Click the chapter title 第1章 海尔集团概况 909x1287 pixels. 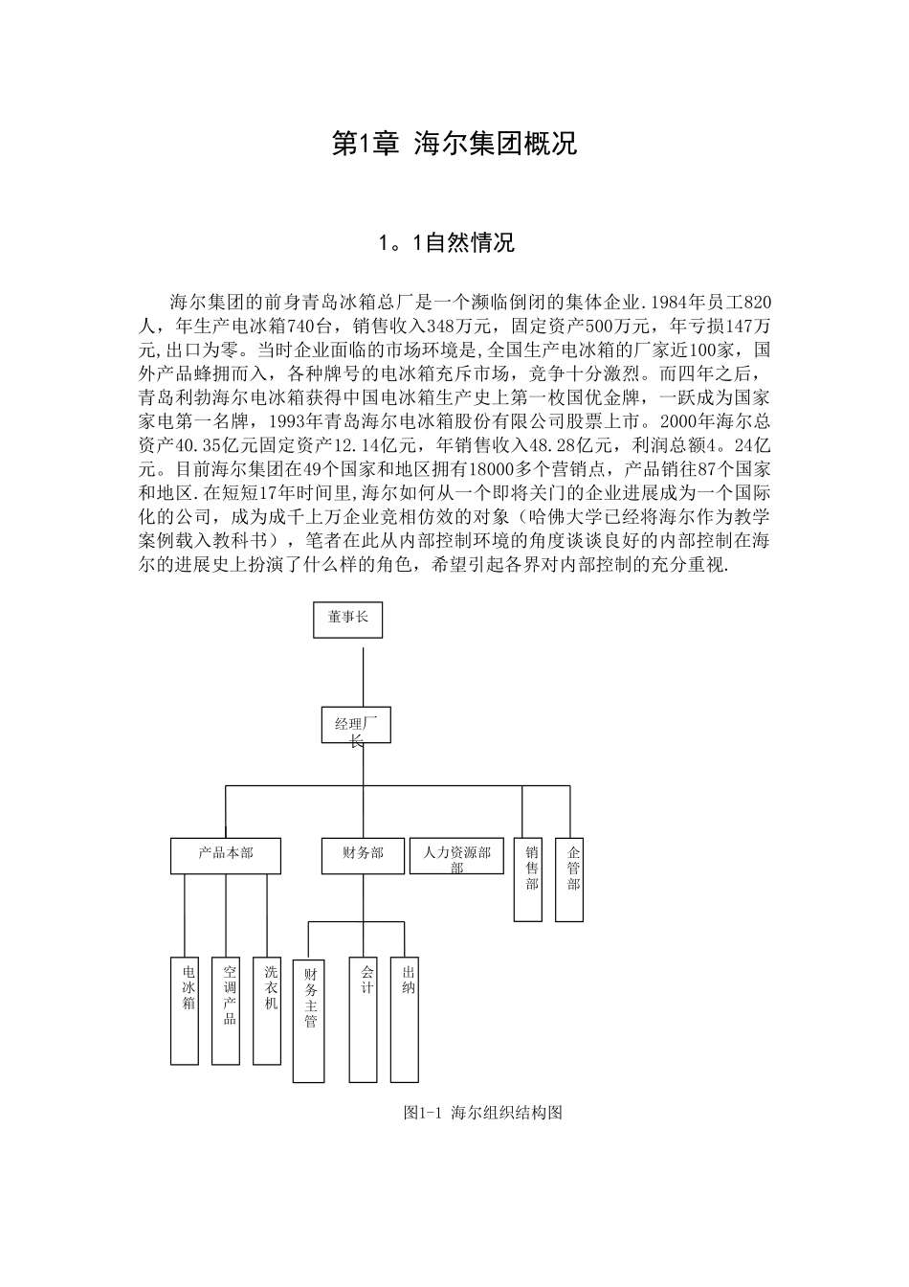(x=454, y=144)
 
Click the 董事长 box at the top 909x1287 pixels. (x=348, y=619)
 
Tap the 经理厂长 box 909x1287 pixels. (x=355, y=726)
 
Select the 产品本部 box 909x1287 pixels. (x=226, y=855)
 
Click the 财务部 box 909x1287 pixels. (x=363, y=855)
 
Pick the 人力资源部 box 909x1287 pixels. (x=456, y=855)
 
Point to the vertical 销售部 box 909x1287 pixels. (x=528, y=880)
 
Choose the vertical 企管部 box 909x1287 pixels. (x=569, y=880)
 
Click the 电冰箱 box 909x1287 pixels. (x=185, y=1010)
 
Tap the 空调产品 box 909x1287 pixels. (x=226, y=1010)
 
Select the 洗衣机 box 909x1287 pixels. (x=267, y=1010)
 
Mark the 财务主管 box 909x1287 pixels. (x=308, y=1020)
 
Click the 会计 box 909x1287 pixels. (x=364, y=1020)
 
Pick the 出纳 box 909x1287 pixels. (x=404, y=1020)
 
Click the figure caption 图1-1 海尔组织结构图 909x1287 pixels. (x=482, y=1113)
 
